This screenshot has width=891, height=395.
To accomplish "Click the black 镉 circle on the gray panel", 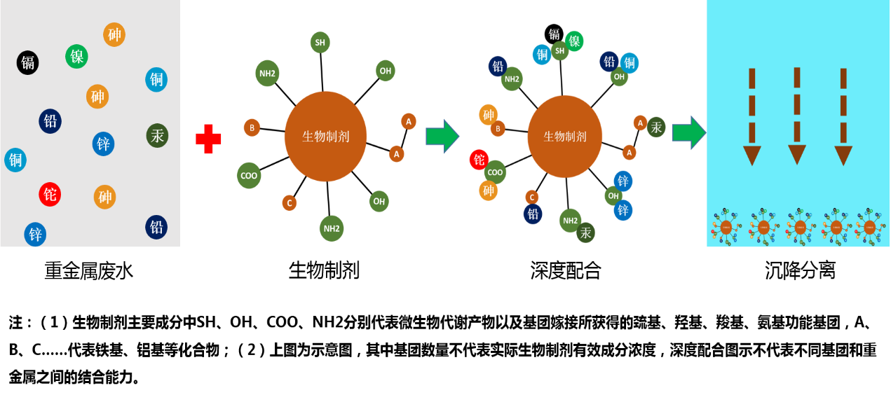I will click(27, 62).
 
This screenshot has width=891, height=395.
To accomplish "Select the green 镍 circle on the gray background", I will click(76, 56).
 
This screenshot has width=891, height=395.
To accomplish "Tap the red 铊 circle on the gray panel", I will click(50, 194).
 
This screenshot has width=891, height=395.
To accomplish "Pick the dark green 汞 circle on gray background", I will click(157, 135).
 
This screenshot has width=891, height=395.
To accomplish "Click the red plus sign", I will click(208, 139).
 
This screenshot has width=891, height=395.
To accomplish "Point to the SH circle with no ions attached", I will click(320, 42).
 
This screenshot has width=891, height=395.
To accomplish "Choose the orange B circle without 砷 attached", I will click(252, 127).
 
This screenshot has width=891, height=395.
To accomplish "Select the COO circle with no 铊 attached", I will click(249, 175).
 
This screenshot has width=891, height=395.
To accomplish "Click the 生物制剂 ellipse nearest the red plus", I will click(325, 136).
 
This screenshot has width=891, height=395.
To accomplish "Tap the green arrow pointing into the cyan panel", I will click(688, 132).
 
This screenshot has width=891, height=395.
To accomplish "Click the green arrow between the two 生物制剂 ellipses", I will click(442, 136).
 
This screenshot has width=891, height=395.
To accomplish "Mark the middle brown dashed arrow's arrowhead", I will click(797, 154).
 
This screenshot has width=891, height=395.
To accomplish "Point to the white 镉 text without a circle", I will click(554, 34).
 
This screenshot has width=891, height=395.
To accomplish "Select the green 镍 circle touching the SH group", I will click(574, 41).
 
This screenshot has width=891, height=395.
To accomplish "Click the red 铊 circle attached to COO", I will click(479, 160).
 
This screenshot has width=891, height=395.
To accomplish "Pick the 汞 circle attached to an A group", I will click(656, 127).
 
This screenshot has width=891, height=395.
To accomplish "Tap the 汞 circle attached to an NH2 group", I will click(585, 233).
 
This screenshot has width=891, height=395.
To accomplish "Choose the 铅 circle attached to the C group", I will click(533, 214).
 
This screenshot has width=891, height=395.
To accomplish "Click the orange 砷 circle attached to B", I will click(488, 114).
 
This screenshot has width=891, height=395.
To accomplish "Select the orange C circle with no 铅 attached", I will click(289, 203).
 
